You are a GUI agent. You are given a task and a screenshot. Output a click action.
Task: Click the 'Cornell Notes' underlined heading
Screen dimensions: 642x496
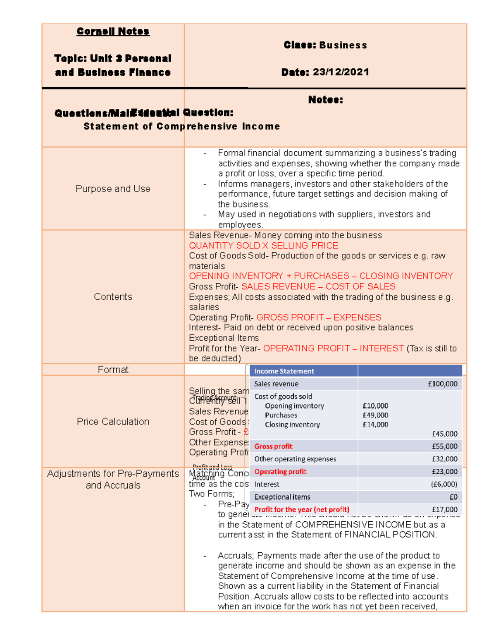(x=113, y=31)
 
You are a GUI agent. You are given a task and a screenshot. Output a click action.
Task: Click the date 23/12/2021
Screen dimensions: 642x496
(x=341, y=72)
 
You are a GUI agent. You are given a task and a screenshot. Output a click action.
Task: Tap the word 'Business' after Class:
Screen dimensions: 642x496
(x=343, y=45)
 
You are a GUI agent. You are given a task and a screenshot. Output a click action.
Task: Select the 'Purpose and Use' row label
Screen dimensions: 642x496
(x=113, y=189)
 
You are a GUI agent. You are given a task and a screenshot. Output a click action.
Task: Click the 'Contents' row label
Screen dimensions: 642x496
(x=113, y=297)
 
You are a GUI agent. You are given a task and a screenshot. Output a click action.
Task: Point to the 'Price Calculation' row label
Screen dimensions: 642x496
(x=113, y=422)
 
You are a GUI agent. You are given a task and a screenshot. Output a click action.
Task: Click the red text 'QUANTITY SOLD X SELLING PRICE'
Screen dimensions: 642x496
(x=263, y=246)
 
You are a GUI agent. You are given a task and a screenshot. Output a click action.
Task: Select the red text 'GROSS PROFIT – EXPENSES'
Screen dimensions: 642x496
(x=319, y=317)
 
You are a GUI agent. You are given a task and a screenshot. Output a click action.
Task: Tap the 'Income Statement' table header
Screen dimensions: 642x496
(x=284, y=371)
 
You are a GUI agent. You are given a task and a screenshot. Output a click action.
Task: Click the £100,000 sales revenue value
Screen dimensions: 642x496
(x=442, y=384)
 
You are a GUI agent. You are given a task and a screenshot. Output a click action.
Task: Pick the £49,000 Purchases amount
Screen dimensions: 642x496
(x=375, y=415)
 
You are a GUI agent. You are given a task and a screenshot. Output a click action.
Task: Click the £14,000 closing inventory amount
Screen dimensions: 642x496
(x=375, y=425)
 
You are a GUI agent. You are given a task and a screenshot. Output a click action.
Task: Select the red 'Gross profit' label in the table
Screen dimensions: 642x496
(x=273, y=446)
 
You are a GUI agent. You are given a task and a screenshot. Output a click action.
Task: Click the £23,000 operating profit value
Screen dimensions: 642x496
(x=444, y=472)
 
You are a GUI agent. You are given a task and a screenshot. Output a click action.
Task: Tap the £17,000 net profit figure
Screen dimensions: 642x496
(x=444, y=510)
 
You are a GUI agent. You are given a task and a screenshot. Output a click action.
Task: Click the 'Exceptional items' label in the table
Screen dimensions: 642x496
(x=282, y=497)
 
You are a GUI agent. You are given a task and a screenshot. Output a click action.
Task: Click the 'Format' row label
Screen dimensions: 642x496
(x=113, y=370)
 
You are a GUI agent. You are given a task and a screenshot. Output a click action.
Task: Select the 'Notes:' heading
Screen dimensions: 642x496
(x=325, y=100)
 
